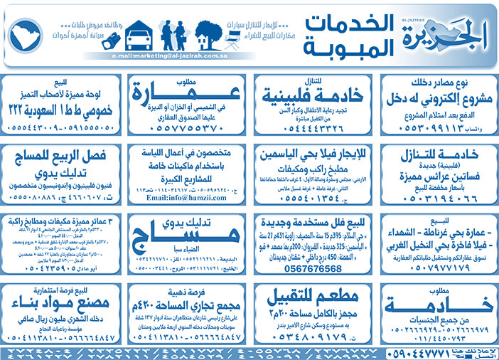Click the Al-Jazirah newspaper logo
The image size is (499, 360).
coord(441,33)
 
